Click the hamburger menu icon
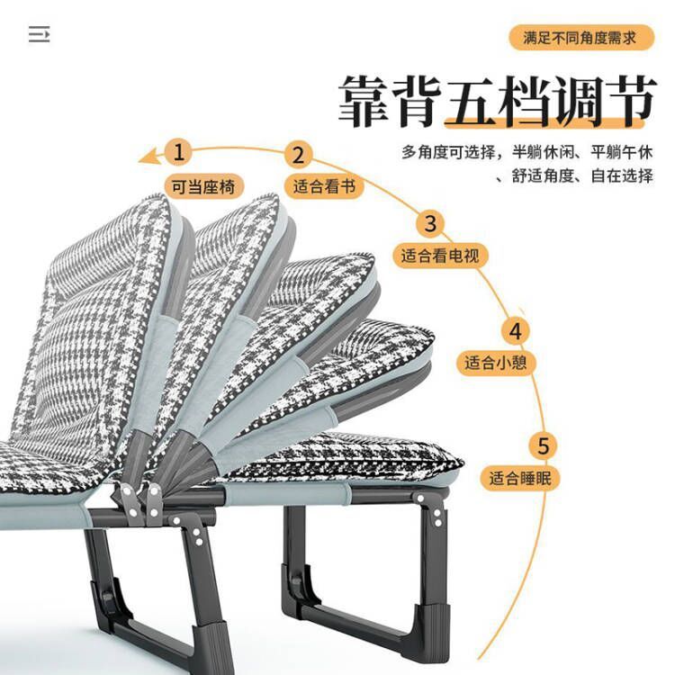coord(39,35)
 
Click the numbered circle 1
coord(179,151)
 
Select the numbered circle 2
coord(300,154)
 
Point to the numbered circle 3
coord(430,223)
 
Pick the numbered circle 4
coord(516,330)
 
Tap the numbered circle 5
coord(544,445)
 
